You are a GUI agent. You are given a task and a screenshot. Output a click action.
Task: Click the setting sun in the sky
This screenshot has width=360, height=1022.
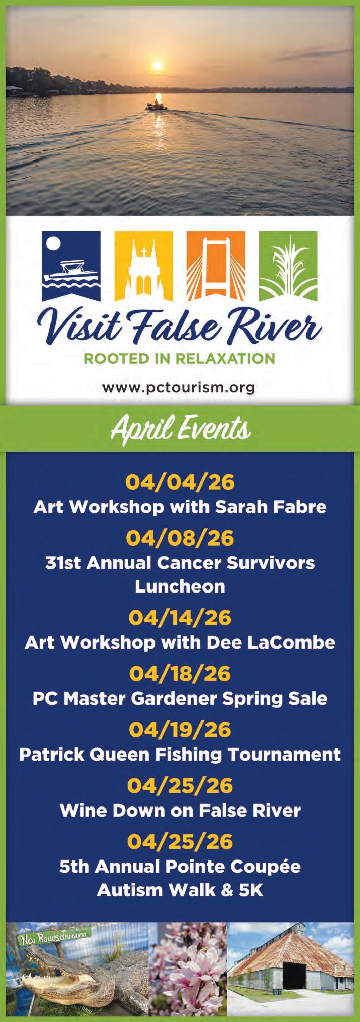tap(158, 66)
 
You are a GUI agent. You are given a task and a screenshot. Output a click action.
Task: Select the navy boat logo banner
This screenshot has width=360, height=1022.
tap(72, 266)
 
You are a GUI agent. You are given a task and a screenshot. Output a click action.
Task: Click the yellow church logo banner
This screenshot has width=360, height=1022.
tap(143, 266)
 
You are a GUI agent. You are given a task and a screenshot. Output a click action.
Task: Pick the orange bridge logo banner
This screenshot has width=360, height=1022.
tap(216, 266)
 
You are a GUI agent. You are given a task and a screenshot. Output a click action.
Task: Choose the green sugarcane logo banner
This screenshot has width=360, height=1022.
tap(288, 266)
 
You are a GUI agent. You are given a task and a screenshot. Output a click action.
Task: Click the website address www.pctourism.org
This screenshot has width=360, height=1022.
tap(178, 388)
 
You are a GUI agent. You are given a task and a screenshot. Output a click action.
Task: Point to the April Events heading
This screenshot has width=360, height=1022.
tap(180, 429)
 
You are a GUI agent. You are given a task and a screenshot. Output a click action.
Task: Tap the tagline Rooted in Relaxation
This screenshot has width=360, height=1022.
tap(179, 359)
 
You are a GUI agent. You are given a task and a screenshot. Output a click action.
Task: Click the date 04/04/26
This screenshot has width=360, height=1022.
tap(180, 482)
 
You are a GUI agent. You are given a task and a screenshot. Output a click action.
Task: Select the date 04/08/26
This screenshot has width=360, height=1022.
tap(180, 538)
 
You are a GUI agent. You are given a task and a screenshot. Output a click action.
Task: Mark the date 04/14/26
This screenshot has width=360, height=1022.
tap(180, 618)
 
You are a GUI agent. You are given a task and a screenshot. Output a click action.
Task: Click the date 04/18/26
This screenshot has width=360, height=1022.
tap(180, 673)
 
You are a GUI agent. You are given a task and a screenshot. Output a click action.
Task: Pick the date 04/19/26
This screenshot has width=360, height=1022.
tap(180, 729)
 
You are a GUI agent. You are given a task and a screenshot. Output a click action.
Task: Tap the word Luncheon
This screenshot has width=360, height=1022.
tap(180, 586)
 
